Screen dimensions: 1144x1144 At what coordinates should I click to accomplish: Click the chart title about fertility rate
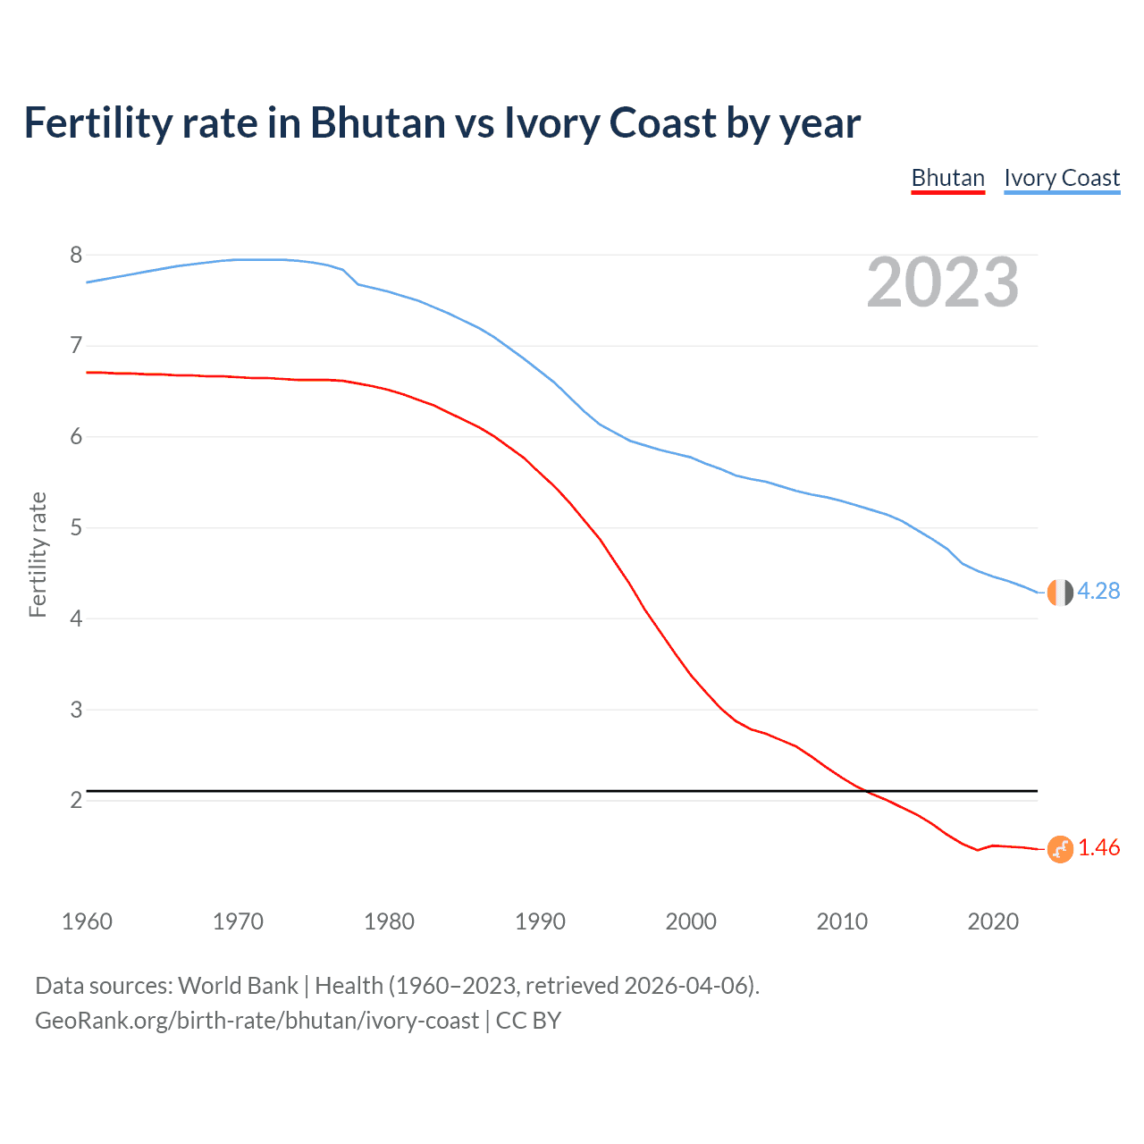pos(442,123)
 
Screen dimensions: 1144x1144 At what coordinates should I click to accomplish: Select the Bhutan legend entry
pos(947,178)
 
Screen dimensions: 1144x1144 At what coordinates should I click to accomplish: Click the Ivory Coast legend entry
pos(1061,178)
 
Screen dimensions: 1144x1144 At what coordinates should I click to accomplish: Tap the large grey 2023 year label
pos(942,282)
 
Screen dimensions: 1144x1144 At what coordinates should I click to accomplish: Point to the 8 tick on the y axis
pos(76,256)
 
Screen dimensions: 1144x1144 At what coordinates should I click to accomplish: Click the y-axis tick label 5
pos(76,528)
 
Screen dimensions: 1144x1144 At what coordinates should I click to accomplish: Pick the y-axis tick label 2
pos(76,800)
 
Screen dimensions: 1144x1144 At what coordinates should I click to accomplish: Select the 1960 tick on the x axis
pos(87,921)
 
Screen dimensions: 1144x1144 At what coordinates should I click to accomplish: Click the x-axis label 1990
pos(540,921)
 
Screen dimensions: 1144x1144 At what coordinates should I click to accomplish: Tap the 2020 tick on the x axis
pos(993,921)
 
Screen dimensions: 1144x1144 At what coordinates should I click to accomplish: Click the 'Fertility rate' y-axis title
pos(38,554)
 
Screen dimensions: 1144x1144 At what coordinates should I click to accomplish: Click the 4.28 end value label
pos(1098,591)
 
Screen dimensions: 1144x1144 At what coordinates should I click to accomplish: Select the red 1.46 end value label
pos(1098,848)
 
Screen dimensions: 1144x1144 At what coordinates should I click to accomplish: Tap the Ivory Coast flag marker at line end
pos(1059,592)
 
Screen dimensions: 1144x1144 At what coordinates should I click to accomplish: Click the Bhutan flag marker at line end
pos(1059,849)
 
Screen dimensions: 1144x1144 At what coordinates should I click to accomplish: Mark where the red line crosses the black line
pos(864,791)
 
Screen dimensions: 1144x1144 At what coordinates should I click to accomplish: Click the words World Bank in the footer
pos(238,986)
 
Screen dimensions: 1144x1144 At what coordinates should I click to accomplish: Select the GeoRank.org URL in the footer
pos(257,1021)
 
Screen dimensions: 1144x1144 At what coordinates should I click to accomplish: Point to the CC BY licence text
pos(528,1021)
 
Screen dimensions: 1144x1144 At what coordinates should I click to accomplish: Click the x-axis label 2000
pos(691,921)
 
